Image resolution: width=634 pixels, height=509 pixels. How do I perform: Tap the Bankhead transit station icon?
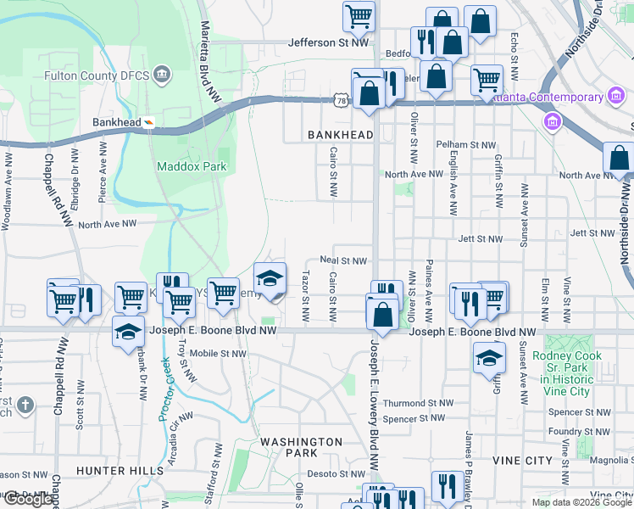tap(149, 122)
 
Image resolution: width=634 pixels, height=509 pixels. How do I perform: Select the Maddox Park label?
tap(192, 166)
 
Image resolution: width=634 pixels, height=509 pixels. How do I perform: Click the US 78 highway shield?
tap(341, 101)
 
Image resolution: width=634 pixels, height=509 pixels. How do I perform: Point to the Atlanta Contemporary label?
tap(549, 98)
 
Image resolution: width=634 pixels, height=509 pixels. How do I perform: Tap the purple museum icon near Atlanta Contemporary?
tap(553, 123)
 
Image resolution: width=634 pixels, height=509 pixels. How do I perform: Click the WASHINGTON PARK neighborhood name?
tap(301, 447)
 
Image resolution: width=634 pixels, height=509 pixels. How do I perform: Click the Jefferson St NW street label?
tap(329, 42)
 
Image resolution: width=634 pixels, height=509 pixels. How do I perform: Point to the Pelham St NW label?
tap(465, 145)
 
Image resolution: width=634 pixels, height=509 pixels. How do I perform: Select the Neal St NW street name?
tap(342, 261)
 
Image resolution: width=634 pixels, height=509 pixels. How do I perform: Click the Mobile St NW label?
tap(218, 353)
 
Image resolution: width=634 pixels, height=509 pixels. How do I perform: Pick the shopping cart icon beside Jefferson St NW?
tap(359, 17)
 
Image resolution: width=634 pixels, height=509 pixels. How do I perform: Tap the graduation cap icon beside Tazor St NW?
tap(270, 278)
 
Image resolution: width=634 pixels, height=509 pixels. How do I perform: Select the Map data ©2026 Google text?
tap(581, 502)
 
